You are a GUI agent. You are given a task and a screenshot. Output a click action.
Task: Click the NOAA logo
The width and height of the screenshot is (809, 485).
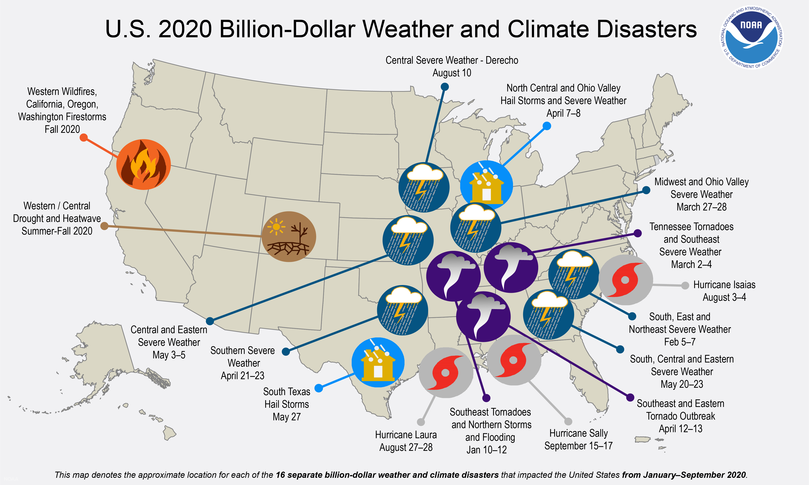pyautogui.click(x=752, y=38)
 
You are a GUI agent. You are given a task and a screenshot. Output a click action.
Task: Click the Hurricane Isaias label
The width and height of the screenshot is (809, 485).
pyautogui.click(x=724, y=291)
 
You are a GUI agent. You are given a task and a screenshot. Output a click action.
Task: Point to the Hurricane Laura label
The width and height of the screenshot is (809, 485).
pyautogui.click(x=406, y=441)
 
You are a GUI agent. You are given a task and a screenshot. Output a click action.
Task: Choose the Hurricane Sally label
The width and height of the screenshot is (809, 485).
pyautogui.click(x=578, y=439)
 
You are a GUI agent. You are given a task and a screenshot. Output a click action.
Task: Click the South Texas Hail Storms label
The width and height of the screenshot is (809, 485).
pyautogui.click(x=286, y=404)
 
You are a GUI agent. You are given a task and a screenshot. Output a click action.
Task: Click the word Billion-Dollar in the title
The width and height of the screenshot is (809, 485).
pyautogui.click(x=337, y=29)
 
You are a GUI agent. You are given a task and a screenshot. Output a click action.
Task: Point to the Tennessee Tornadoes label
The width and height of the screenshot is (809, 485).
pyautogui.click(x=691, y=245)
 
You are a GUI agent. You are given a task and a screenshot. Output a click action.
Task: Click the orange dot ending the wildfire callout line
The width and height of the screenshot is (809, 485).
pyautogui.click(x=84, y=138)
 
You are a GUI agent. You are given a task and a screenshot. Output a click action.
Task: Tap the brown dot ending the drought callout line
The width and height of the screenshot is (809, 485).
pyautogui.click(x=104, y=226)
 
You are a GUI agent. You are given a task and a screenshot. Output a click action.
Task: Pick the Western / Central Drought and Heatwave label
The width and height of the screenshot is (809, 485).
pyautogui.click(x=57, y=218)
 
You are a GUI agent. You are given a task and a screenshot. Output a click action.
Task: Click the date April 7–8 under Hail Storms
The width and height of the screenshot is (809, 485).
pyautogui.click(x=563, y=113)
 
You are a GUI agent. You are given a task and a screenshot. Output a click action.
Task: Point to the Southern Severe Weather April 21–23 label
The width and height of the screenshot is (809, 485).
pyautogui.click(x=243, y=363)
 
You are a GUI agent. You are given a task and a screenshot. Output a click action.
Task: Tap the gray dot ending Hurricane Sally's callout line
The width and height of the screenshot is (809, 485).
pyautogui.click(x=568, y=421)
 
